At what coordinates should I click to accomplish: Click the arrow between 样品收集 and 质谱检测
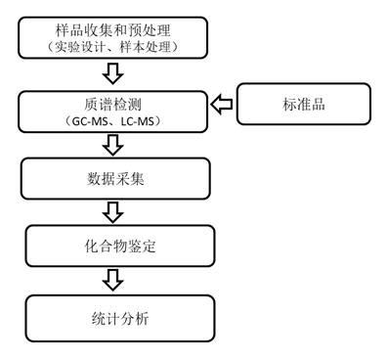pyautogui.click(x=114, y=73)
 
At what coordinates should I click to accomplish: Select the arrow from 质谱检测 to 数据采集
pyautogui.click(x=114, y=142)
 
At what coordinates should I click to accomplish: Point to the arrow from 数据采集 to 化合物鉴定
pyautogui.click(x=114, y=210)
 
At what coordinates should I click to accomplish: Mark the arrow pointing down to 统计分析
pyautogui.click(x=114, y=281)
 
